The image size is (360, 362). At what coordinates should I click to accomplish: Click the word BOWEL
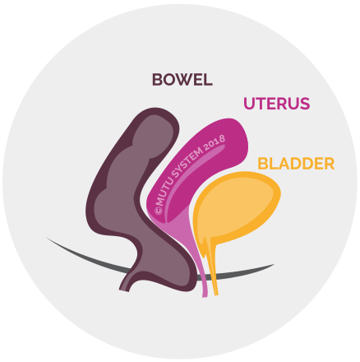182,80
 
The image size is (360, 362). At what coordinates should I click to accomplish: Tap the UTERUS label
277,104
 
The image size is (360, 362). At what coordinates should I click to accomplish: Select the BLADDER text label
296,164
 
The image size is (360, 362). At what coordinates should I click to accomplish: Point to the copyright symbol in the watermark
159,211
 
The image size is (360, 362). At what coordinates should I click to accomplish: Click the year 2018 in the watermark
215,142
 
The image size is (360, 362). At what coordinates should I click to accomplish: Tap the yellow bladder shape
236,208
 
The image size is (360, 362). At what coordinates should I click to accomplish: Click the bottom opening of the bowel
124,289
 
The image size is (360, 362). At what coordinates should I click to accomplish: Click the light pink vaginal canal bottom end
205,295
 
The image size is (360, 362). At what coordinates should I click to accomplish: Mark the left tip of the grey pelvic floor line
47,238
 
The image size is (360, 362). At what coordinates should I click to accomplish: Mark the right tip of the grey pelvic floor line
274,265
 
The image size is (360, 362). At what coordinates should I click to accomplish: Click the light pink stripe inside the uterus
192,179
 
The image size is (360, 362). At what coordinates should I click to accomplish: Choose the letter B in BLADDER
262,164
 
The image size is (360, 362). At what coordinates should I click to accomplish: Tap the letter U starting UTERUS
249,104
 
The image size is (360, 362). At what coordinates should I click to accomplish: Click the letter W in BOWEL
183,80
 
